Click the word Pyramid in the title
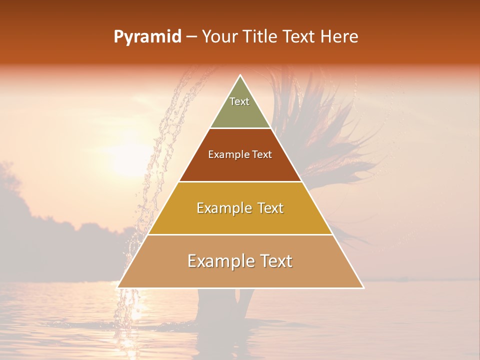[147, 37]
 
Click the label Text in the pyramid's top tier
[239, 101]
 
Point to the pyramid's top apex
[240, 75]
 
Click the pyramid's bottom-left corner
[117, 287]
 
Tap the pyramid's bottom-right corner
[363, 287]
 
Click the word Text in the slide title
[299, 37]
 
